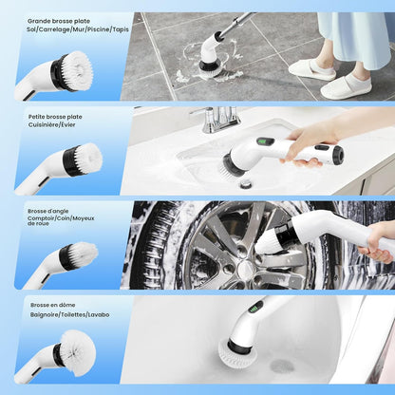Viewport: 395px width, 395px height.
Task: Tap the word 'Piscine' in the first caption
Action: coord(91,29)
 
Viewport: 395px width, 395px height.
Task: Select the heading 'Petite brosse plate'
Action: coord(55,117)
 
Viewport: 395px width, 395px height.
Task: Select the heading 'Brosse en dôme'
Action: coord(53,306)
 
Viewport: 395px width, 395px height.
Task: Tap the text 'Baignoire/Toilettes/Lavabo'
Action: coord(69,315)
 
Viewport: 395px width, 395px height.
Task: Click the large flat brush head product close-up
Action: coord(72,70)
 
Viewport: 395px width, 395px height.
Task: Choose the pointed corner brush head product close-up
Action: coord(78,254)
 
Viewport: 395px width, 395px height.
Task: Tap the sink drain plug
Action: coord(246,183)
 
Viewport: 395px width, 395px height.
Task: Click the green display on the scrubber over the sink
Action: coord(267,142)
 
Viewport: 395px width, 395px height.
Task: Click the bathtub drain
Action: coord(282,366)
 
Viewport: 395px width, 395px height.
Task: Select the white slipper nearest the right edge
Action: coord(346,86)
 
